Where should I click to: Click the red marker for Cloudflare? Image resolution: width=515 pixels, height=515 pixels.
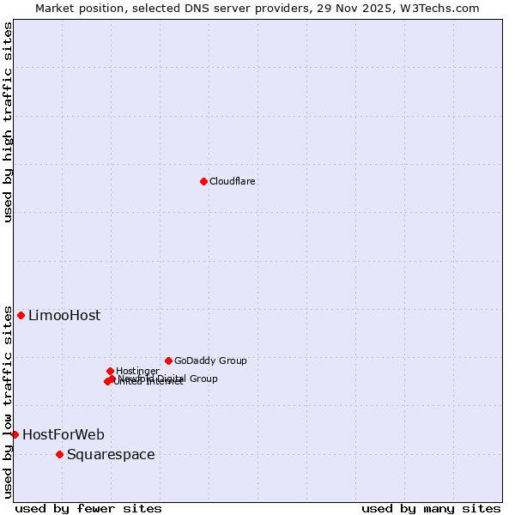(203, 181)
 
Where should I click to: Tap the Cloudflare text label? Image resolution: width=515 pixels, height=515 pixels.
(232, 181)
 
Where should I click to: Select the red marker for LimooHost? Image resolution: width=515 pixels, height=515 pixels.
(21, 315)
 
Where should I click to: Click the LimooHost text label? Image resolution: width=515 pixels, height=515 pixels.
(64, 316)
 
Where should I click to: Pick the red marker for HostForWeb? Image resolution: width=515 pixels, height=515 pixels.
(15, 434)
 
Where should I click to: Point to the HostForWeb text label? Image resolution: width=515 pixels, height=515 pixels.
(64, 435)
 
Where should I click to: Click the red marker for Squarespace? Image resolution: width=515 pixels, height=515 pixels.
(59, 454)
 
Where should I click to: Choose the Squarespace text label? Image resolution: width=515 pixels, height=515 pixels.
(111, 455)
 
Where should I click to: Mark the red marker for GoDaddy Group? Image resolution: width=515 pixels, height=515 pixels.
(168, 360)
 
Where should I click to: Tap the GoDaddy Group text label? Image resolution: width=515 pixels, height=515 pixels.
(210, 361)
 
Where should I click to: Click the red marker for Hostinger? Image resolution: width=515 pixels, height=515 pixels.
(110, 371)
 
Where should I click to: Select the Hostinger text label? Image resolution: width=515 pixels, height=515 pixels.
(137, 371)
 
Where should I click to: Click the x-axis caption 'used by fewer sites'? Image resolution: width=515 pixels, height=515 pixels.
(88, 509)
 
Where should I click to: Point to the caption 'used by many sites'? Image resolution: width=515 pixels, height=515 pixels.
(431, 509)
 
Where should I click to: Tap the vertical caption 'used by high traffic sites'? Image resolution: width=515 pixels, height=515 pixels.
(9, 122)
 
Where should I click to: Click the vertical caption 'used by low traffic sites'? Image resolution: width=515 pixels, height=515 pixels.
(9, 402)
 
